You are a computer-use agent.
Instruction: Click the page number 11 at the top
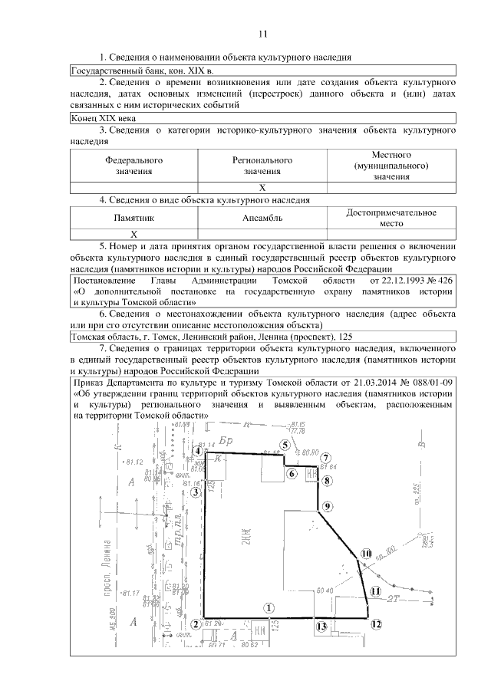click(x=262, y=34)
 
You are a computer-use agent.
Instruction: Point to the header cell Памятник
click(x=134, y=218)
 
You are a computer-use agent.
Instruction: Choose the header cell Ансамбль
click(x=262, y=218)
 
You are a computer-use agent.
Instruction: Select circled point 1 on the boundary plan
click(x=269, y=606)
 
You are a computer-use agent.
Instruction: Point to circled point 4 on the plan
click(x=199, y=452)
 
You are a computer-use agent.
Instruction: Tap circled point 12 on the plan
click(x=375, y=624)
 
